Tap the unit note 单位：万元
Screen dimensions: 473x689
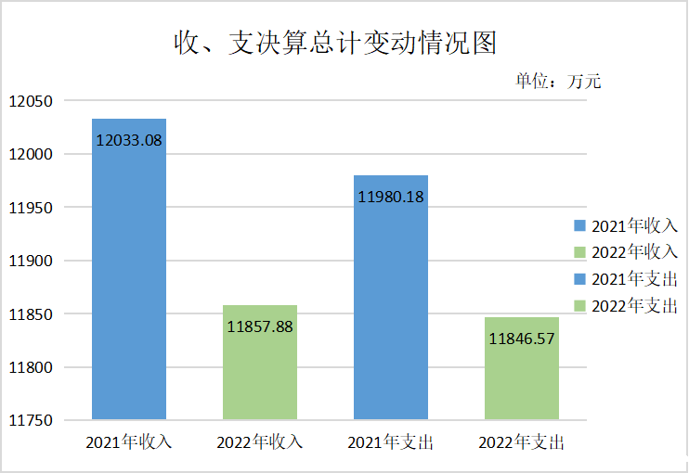click(558, 82)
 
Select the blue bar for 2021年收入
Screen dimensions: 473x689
click(129, 278)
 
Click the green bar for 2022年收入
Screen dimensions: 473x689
click(260, 371)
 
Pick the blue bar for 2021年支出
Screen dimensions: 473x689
click(391, 306)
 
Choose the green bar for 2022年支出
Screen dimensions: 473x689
click(522, 376)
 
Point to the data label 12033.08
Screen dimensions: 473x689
click(129, 141)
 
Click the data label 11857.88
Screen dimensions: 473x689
click(260, 326)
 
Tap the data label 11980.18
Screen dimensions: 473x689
click(391, 197)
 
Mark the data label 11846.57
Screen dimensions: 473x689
click(522, 339)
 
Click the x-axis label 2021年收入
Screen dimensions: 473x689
click(129, 442)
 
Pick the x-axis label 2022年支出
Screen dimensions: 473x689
click(522, 442)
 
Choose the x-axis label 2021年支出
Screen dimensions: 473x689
click(391, 442)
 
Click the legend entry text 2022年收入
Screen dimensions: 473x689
click(635, 251)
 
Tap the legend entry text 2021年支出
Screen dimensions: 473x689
click(635, 278)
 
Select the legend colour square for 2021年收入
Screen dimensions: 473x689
click(580, 225)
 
